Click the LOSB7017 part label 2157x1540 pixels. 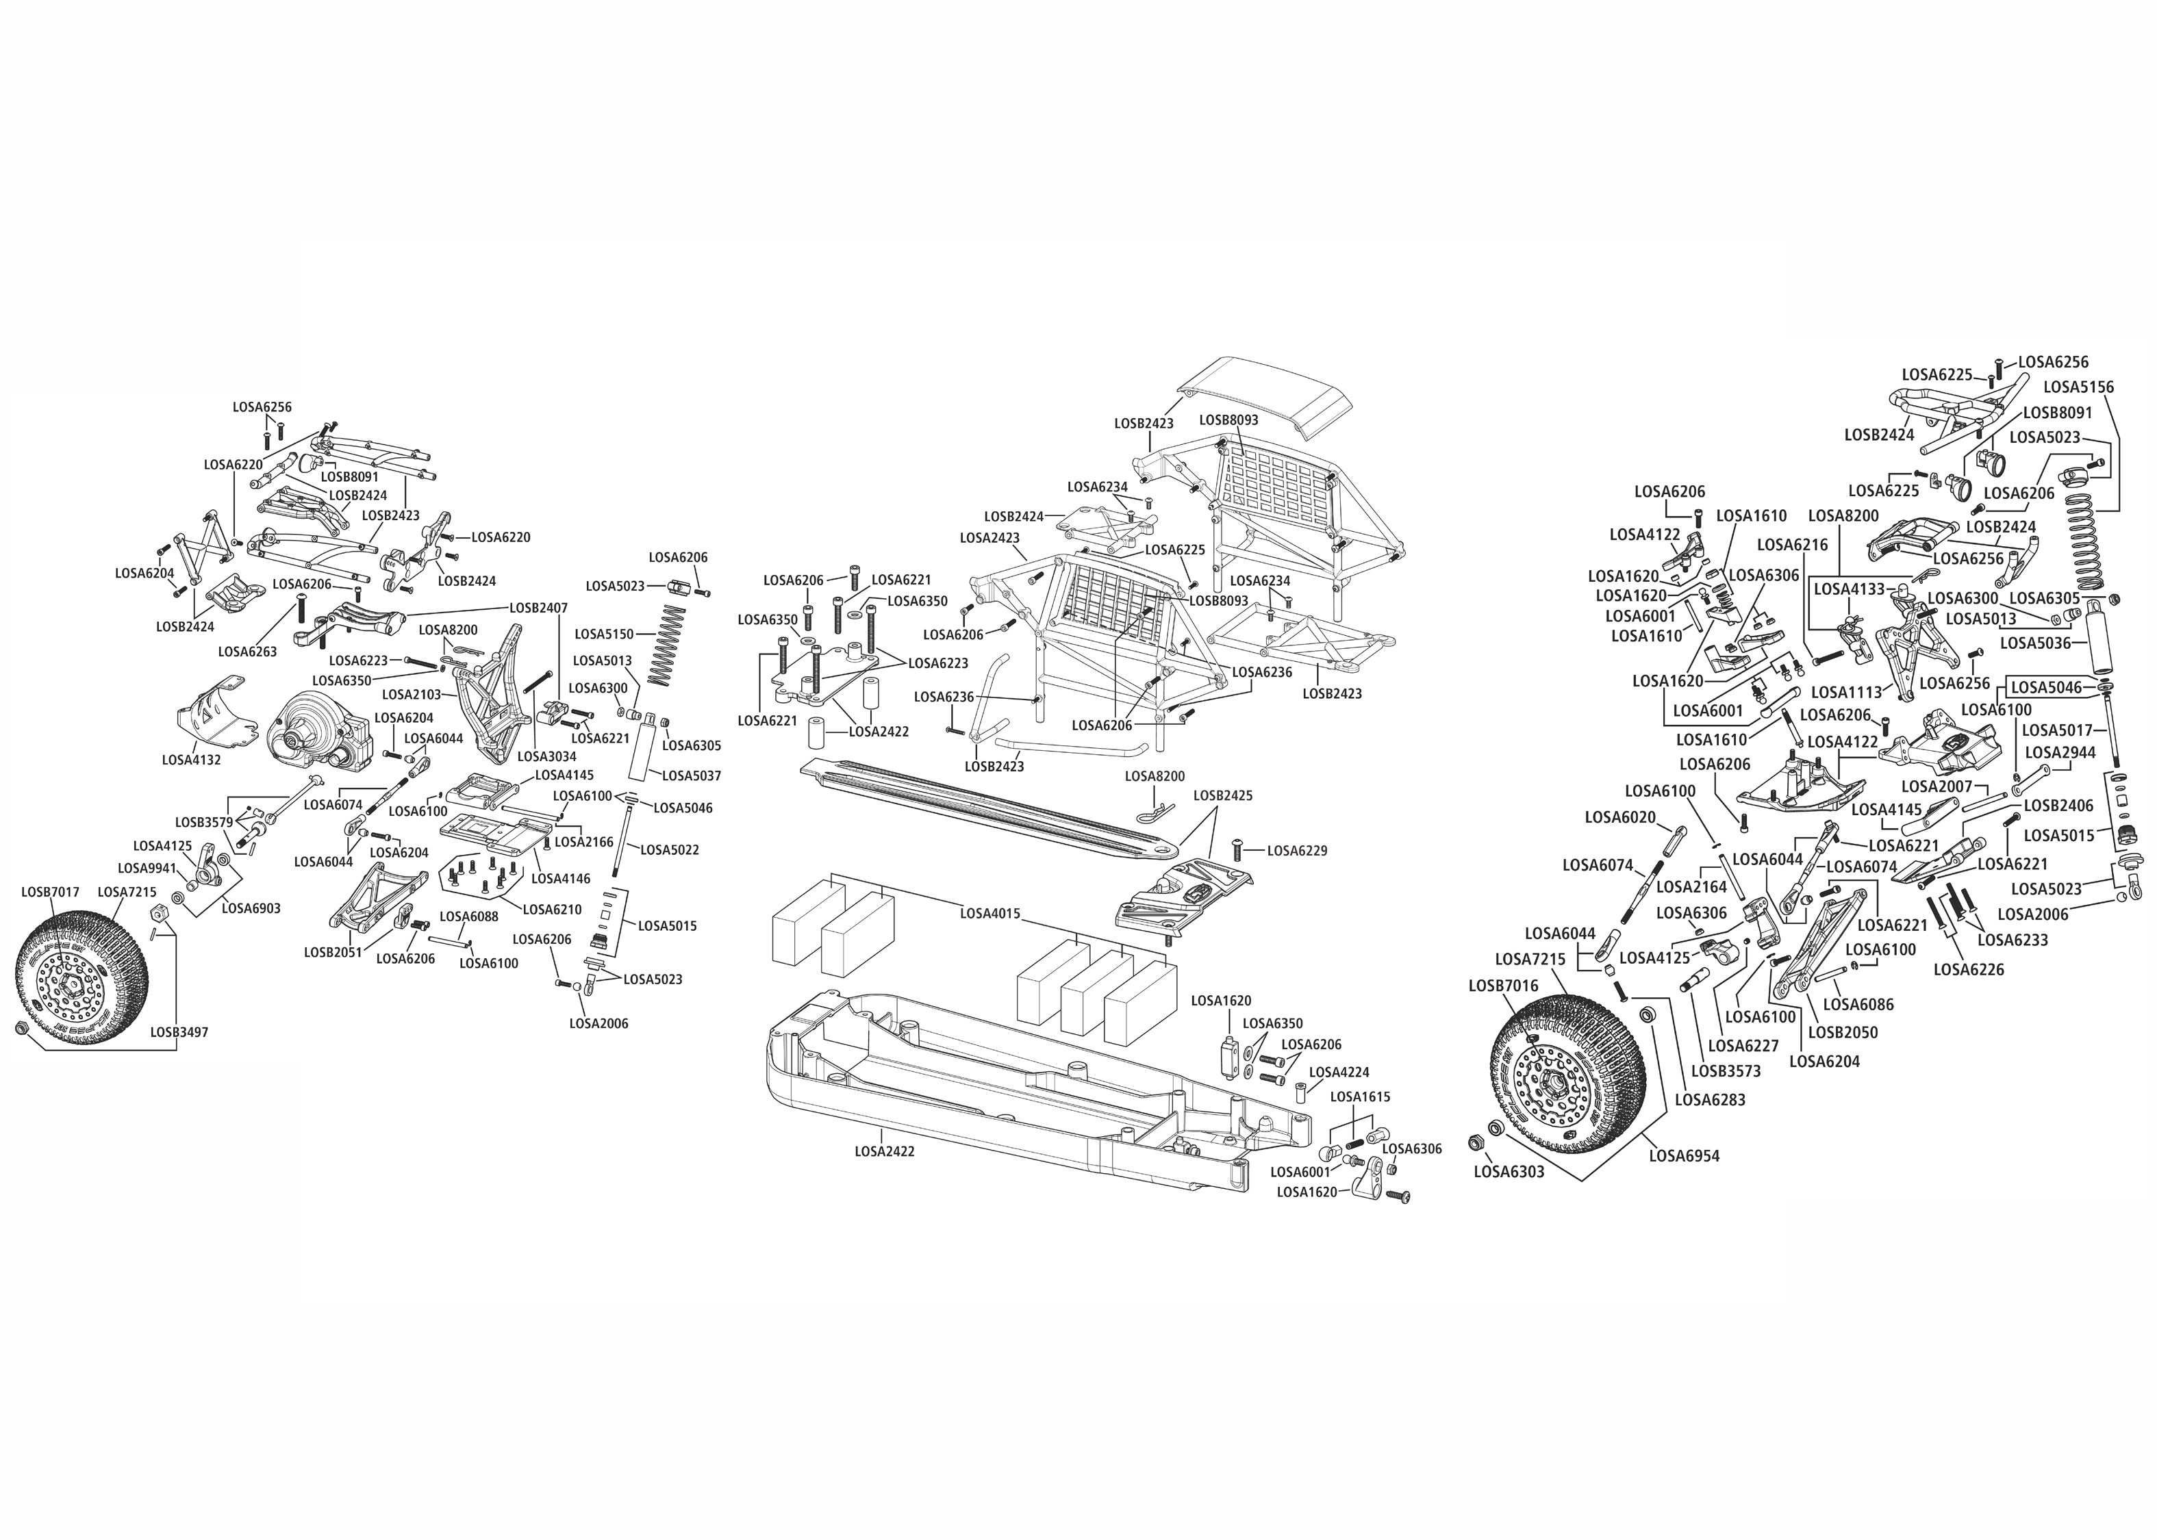50,893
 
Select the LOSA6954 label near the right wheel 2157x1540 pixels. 1684,1156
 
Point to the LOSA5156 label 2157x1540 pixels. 2078,387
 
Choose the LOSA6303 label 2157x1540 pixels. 1509,1172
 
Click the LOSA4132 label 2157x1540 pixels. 190,760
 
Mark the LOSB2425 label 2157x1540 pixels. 1223,795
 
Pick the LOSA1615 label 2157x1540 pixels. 1360,1096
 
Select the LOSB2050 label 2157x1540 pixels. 1843,1033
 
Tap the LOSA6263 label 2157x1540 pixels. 248,652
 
